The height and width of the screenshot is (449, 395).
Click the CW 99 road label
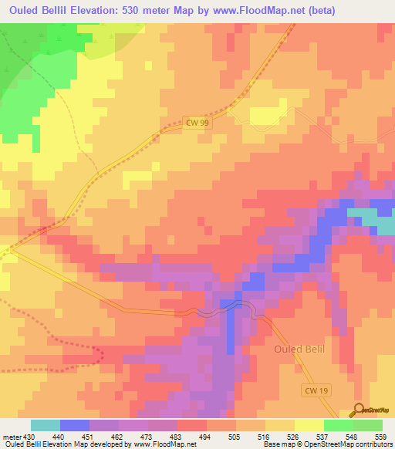point(197,122)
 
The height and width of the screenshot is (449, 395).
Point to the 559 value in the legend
point(381,437)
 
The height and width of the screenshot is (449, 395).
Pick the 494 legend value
point(206,437)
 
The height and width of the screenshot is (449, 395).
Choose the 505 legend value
point(235,437)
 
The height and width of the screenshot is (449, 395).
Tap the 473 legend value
point(147,437)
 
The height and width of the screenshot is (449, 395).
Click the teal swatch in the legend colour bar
point(46,425)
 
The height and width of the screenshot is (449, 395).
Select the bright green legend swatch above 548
point(338,425)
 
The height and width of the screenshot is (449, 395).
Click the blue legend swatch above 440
point(75,425)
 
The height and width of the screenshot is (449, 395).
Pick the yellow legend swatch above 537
point(309,425)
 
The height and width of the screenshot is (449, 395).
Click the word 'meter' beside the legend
point(12,437)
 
